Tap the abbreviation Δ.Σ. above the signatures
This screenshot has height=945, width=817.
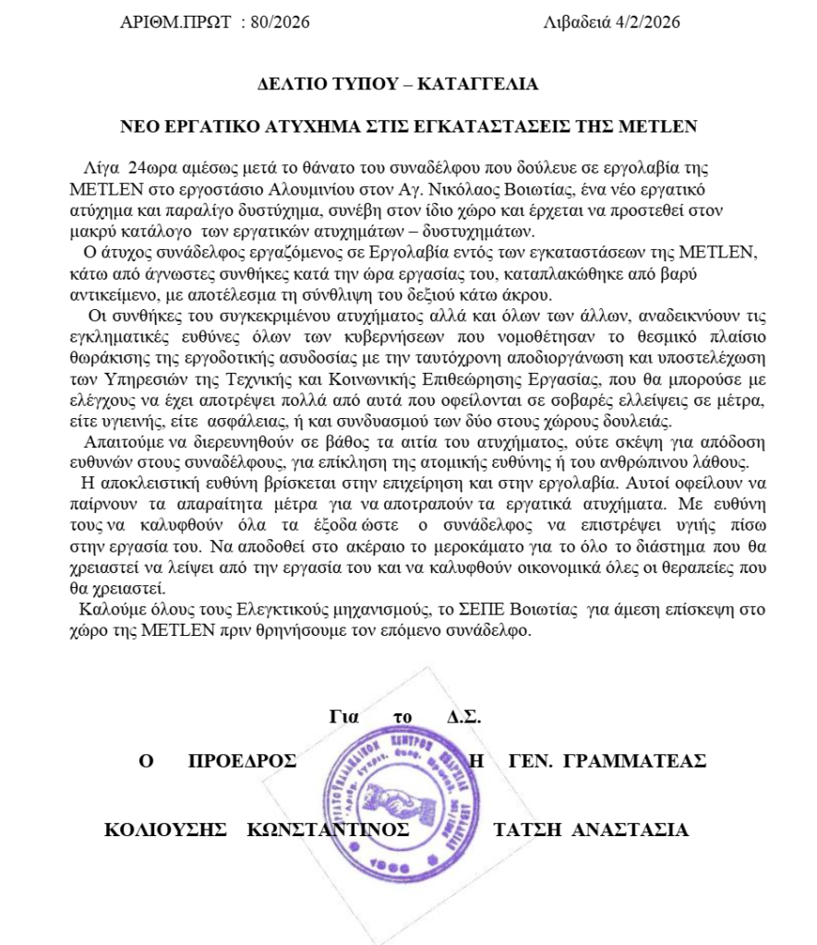point(464,717)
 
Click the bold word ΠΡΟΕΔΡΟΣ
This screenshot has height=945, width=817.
point(242,760)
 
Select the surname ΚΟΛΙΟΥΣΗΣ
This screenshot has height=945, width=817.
point(165,829)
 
